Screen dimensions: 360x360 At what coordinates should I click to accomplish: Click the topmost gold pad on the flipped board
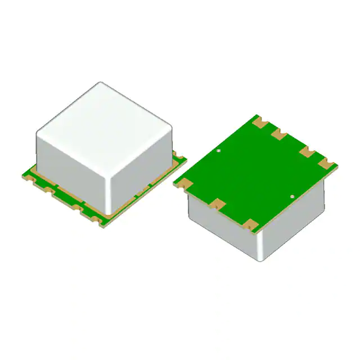(x=259, y=120)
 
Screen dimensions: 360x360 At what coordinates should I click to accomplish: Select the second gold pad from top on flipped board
(x=279, y=134)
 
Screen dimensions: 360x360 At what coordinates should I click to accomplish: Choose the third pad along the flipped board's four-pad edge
(x=307, y=151)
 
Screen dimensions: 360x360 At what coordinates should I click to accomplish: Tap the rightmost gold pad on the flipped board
(x=328, y=164)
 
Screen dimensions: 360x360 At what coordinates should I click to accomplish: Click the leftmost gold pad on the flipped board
(x=183, y=183)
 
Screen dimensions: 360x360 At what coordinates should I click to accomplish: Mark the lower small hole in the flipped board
(x=292, y=196)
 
